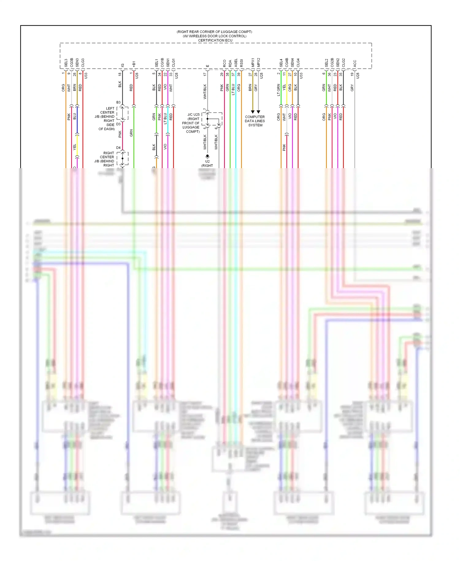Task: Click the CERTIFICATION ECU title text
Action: click(x=215, y=40)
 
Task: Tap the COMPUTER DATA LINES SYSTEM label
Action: click(x=255, y=121)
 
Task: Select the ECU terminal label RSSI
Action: click(x=242, y=63)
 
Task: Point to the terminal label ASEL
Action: click(x=236, y=63)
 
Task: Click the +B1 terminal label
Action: click(x=134, y=64)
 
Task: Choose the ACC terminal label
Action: click(x=355, y=64)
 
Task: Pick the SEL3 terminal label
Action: click(x=66, y=63)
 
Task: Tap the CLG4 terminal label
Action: click(x=298, y=63)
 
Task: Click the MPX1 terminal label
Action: click(x=253, y=63)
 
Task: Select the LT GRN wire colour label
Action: click(x=278, y=90)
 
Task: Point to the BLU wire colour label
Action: click(x=75, y=117)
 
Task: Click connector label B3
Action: click(x=118, y=102)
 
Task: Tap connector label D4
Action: click(x=118, y=148)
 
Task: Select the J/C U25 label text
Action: click(x=194, y=114)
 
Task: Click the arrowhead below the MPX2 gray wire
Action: click(x=259, y=112)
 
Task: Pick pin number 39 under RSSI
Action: click(x=239, y=74)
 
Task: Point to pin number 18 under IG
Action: click(x=120, y=74)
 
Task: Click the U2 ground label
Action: click(x=208, y=161)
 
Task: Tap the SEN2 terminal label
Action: click(x=338, y=63)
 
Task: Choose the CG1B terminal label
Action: click(x=162, y=63)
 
